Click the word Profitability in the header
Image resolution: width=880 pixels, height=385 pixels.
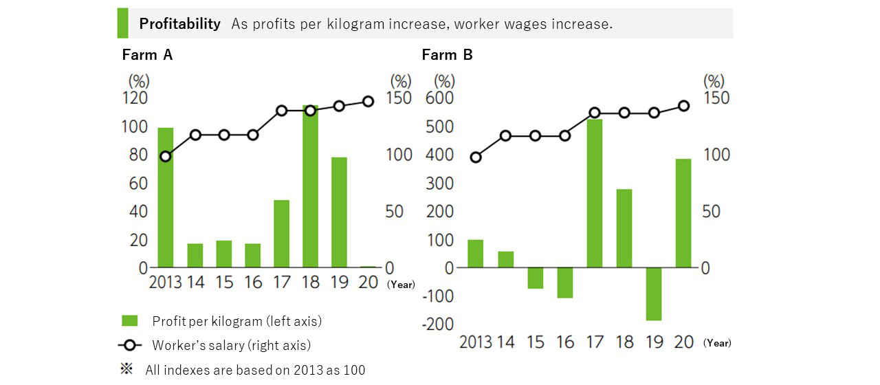click(x=179, y=24)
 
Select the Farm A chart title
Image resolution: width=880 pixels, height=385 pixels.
click(x=147, y=55)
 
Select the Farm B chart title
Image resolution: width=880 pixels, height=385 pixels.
click(x=447, y=55)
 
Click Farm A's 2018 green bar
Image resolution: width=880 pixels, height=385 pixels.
click(x=310, y=186)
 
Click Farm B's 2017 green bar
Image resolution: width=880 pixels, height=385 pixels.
click(x=595, y=193)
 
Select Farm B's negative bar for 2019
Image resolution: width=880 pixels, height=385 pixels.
click(x=654, y=294)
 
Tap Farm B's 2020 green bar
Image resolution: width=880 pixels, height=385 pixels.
click(x=683, y=213)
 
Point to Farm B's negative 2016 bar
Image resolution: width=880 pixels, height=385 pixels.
click(x=565, y=283)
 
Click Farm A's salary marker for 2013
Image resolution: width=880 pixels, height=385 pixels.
click(x=166, y=157)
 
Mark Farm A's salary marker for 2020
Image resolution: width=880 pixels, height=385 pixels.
click(x=368, y=102)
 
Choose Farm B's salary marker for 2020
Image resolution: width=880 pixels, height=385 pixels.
click(x=683, y=106)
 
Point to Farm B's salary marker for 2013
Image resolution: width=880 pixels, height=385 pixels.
click(x=476, y=157)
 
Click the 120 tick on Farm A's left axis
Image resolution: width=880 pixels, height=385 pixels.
click(x=135, y=98)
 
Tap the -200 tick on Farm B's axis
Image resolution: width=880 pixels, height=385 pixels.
click(x=440, y=324)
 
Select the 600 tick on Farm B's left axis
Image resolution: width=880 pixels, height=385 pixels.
click(x=440, y=98)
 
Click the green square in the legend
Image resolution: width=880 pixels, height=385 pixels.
click(x=130, y=321)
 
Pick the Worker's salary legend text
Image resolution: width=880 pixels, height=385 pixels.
click(x=231, y=345)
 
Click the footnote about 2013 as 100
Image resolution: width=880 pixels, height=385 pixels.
click(x=255, y=370)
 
